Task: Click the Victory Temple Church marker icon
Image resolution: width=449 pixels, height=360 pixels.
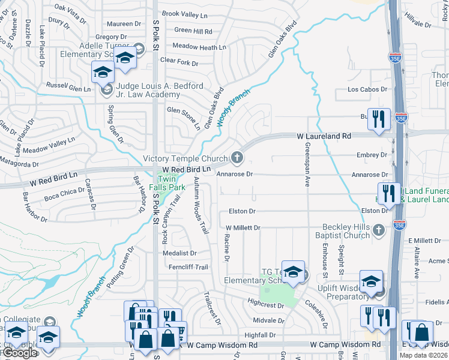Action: [237, 158]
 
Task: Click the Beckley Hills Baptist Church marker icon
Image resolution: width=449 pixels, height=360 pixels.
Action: [378, 230]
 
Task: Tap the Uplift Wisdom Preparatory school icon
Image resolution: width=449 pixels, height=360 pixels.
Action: [372, 281]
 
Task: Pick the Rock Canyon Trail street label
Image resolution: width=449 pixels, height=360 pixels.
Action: [169, 218]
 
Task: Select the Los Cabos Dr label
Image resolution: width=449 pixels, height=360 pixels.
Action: [367, 90]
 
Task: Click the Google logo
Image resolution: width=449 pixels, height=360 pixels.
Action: [20, 353]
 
